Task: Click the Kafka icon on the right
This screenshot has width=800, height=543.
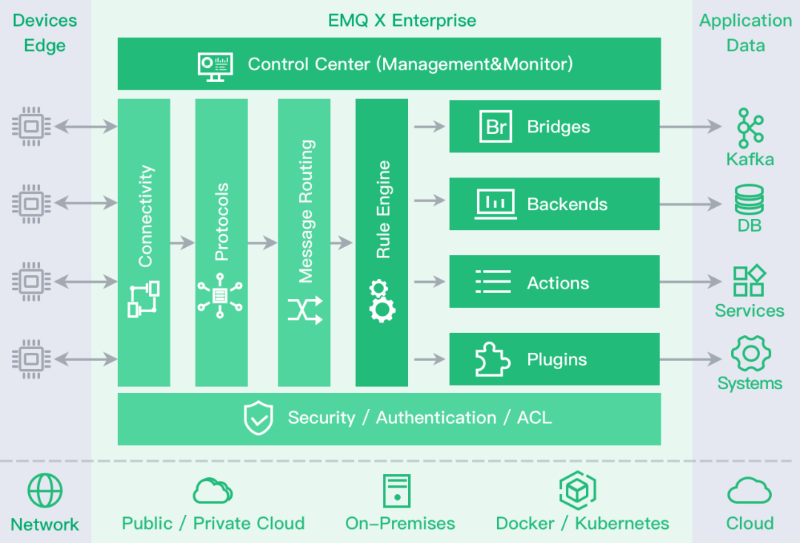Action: [x=750, y=128]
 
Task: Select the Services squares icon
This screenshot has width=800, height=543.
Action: [x=749, y=281]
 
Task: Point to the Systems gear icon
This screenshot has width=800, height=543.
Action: [x=750, y=354]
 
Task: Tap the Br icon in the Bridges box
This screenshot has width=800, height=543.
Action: [x=496, y=127]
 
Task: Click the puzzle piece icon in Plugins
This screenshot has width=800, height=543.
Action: [x=493, y=360]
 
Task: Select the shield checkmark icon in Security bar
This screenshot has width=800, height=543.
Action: [x=259, y=418]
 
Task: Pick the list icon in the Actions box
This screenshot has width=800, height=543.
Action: [x=493, y=282]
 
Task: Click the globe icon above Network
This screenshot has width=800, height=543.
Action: [x=45, y=490]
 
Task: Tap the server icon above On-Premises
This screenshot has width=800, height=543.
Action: [x=396, y=490]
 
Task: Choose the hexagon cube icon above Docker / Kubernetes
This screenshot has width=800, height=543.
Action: [x=578, y=489]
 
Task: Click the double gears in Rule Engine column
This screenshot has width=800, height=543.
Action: [x=381, y=300]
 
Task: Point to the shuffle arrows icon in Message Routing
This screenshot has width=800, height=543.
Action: [x=305, y=310]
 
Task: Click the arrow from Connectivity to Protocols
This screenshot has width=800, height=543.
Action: [x=182, y=242]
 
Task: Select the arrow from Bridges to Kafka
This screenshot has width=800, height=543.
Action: [x=690, y=127]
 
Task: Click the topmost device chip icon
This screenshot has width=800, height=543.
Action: [x=30, y=127]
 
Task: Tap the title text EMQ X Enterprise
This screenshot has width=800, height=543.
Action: [x=402, y=20]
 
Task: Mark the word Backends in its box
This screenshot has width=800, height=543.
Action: [x=567, y=204]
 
